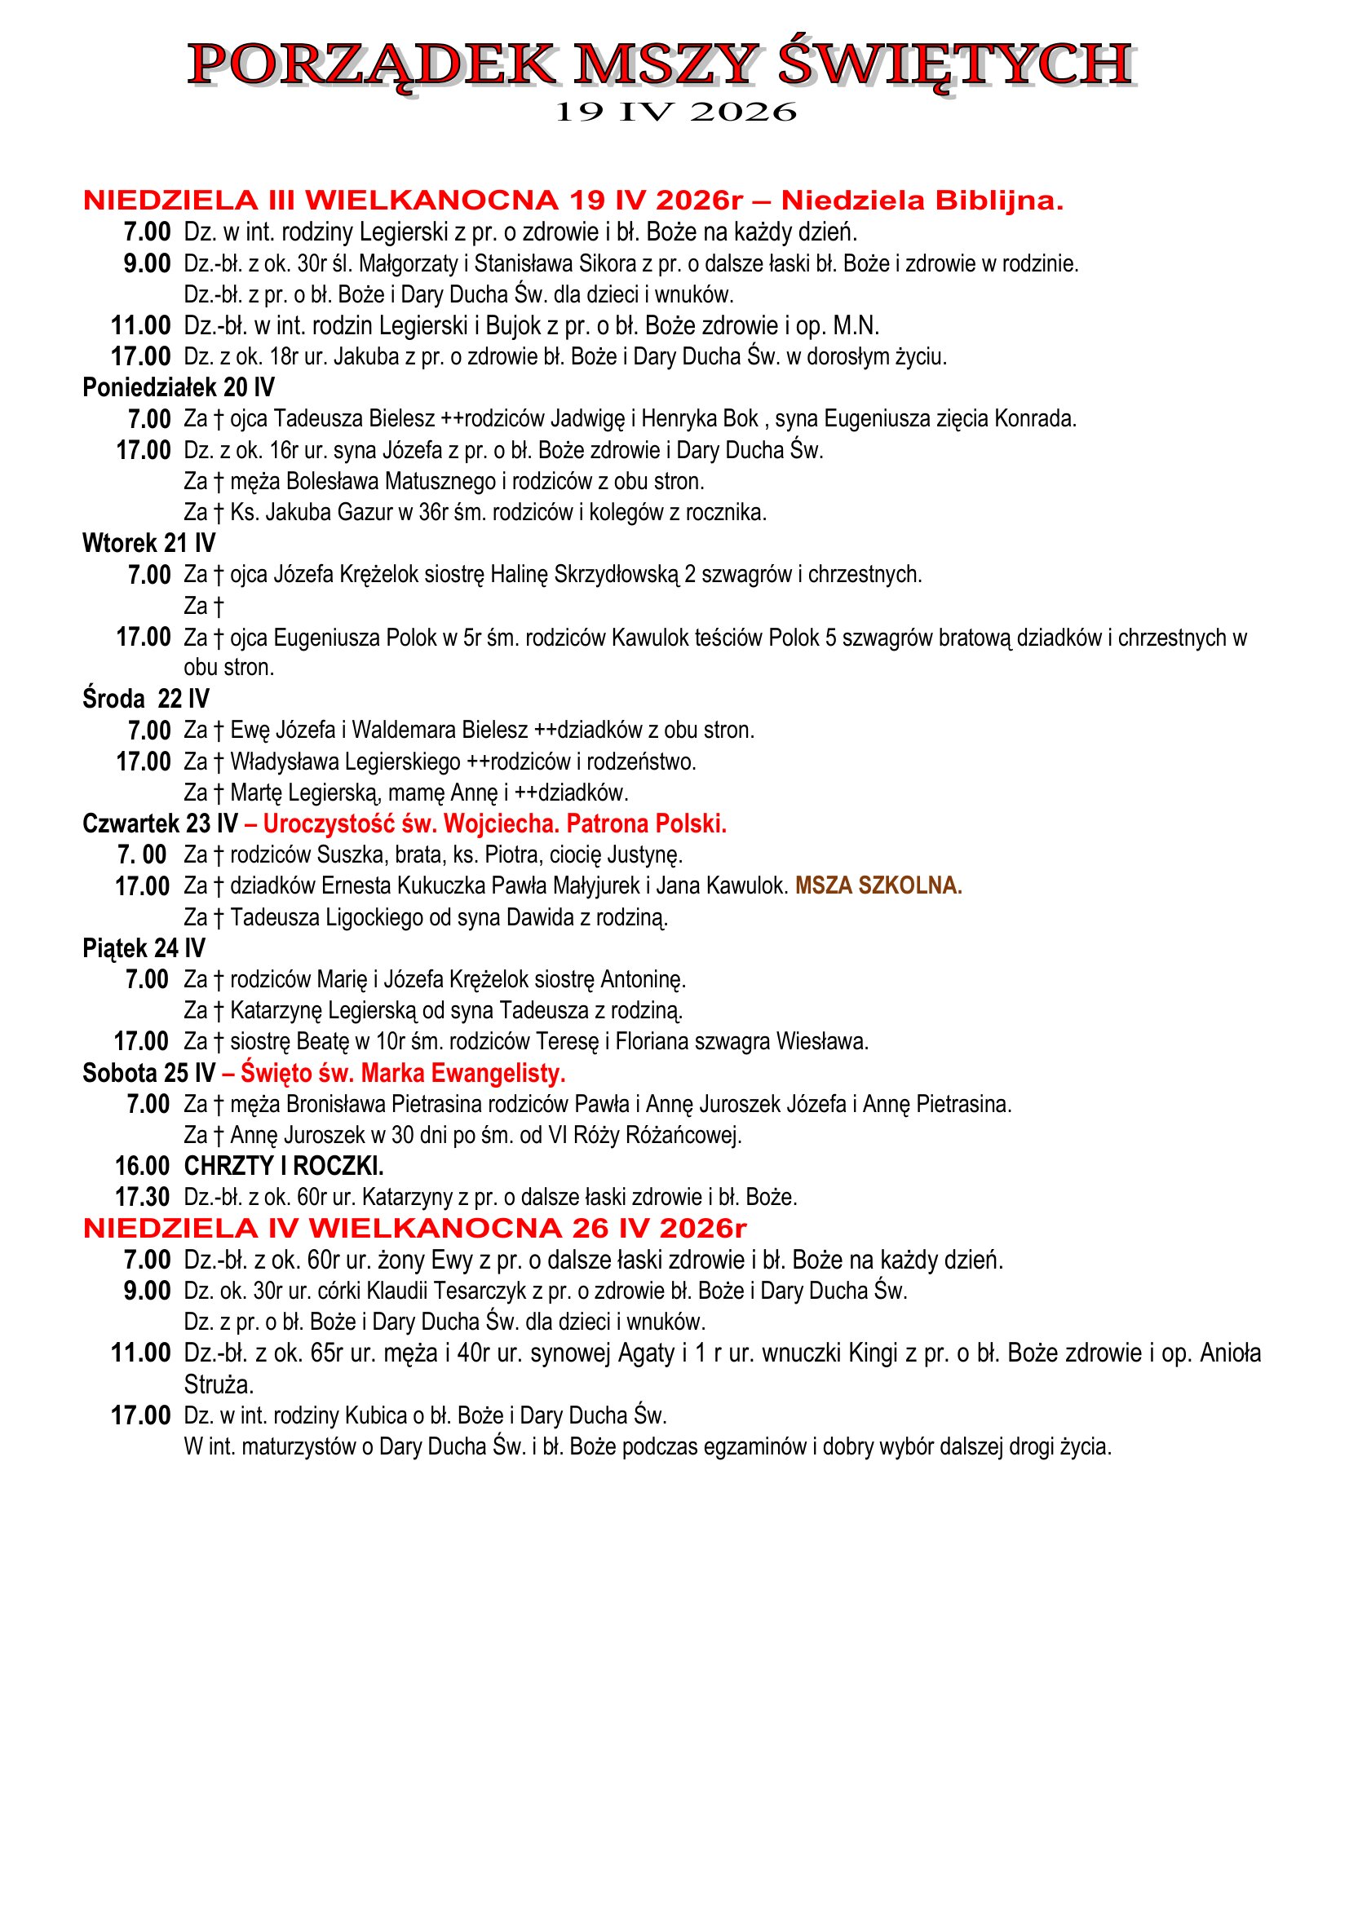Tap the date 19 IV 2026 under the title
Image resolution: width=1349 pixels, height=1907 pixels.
pos(674,113)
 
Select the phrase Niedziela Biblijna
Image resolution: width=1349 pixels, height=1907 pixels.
pos(922,201)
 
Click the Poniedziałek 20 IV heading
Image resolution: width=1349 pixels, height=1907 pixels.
pos(179,388)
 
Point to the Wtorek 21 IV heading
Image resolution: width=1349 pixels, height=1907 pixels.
pos(148,544)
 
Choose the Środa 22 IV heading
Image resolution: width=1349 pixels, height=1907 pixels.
pos(146,700)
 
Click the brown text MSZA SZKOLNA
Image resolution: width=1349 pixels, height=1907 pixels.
pos(878,886)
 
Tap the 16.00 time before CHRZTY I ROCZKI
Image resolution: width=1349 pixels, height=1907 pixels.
pos(142,1167)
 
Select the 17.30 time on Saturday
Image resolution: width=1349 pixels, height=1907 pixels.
pos(142,1198)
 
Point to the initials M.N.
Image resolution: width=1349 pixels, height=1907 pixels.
pos(856,325)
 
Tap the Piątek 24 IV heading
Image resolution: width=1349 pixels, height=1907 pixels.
pos(144,948)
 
